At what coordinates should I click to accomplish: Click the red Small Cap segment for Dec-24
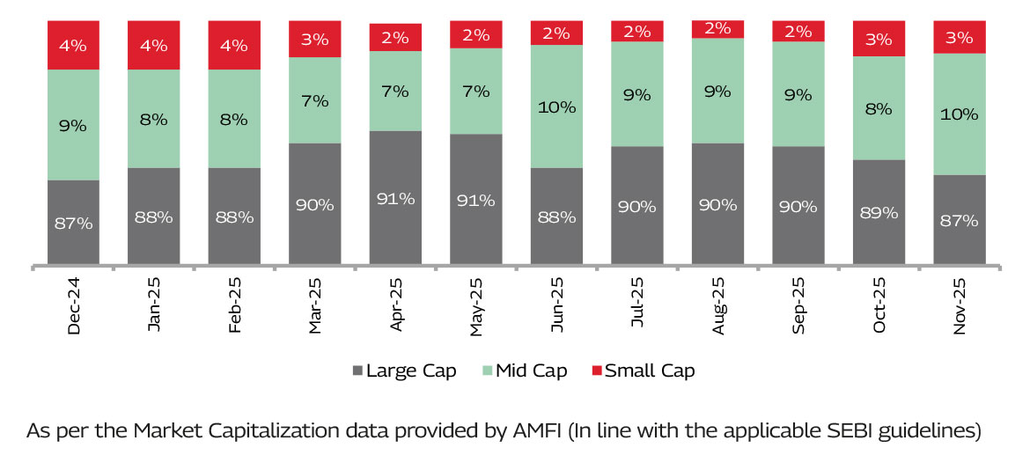pos(73,45)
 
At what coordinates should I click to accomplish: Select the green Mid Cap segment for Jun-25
pos(556,106)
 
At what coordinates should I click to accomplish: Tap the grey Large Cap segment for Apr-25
pos(395,198)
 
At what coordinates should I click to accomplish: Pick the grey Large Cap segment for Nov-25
pos(960,220)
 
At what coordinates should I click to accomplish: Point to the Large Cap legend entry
pos(404,371)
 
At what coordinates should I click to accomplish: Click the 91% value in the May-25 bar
pos(476,199)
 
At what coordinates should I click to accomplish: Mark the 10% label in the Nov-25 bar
pos(960,114)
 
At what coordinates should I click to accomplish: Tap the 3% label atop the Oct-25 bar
pos(879,39)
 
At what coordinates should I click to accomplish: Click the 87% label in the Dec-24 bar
pos(73,223)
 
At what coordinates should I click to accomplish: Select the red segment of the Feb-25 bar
pos(234,45)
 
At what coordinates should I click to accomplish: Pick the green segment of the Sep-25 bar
pos(798,94)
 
